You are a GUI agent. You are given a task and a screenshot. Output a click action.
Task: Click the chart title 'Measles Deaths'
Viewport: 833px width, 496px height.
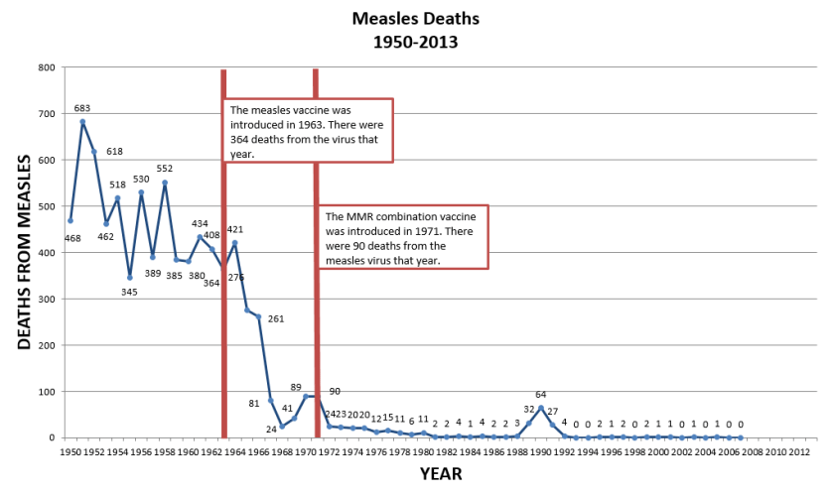(x=416, y=18)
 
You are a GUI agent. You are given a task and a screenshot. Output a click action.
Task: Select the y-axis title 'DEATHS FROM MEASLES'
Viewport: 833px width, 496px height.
(x=26, y=252)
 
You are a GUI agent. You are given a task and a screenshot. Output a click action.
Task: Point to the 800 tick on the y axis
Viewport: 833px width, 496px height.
(x=46, y=67)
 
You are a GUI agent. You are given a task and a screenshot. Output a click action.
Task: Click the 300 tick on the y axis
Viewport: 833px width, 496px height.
(x=46, y=299)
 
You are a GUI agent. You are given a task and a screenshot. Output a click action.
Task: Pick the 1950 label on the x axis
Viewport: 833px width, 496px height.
(x=69, y=451)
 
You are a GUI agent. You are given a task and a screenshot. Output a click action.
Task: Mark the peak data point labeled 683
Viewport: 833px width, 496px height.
(x=81, y=122)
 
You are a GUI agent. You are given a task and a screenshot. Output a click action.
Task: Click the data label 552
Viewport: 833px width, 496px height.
(x=164, y=169)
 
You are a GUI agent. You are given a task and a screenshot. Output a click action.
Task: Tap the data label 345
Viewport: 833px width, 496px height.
(x=129, y=292)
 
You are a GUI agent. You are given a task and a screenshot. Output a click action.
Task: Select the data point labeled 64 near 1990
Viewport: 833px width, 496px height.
(x=541, y=408)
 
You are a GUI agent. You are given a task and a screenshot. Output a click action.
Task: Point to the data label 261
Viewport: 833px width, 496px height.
(x=276, y=318)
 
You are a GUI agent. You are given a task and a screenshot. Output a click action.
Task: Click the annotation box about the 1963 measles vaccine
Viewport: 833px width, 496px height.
(x=309, y=130)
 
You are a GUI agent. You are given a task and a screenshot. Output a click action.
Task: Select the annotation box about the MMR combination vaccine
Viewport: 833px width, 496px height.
(x=403, y=238)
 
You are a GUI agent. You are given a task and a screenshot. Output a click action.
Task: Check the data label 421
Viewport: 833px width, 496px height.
(x=235, y=230)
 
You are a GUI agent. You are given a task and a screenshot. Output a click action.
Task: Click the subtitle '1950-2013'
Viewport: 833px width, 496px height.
(x=416, y=43)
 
